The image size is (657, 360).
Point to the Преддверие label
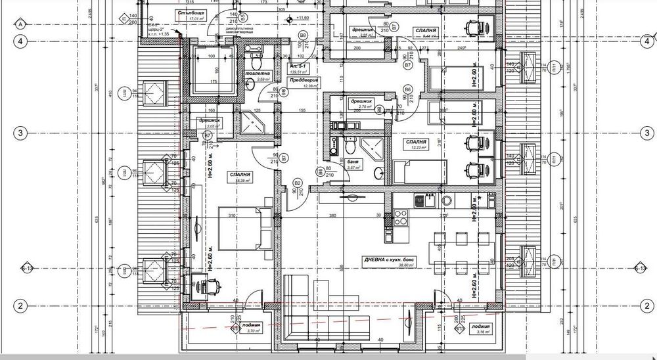[301, 79]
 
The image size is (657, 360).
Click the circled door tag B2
[297, 183]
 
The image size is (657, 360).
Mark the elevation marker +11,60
[302, 18]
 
